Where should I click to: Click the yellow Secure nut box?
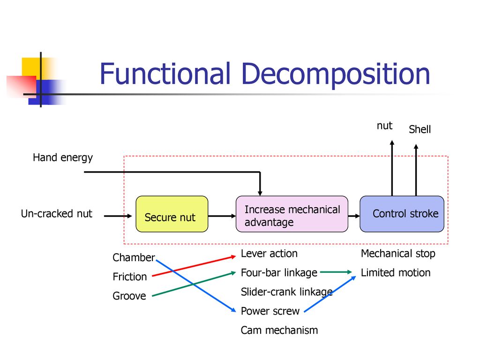[x=172, y=214]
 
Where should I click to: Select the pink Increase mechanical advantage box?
[x=292, y=214]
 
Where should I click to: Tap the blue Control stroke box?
[x=402, y=214]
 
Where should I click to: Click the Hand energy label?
[x=63, y=157]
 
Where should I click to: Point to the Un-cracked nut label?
[x=57, y=213]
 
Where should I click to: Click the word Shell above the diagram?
[x=420, y=129]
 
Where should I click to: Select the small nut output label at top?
[x=384, y=126]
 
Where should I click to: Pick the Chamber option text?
[x=134, y=257]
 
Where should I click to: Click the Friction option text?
[x=130, y=277]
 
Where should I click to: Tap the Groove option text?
[x=129, y=296]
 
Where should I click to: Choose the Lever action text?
[x=269, y=254]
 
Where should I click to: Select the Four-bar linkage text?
[x=279, y=273]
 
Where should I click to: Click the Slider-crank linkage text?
[x=286, y=292]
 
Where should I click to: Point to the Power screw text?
[x=270, y=311]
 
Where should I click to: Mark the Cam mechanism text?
[x=279, y=330]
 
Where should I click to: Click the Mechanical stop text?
[x=398, y=254]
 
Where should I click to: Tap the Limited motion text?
[x=396, y=273]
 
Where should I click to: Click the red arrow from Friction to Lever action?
[x=194, y=266]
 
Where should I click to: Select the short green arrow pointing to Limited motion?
[x=336, y=272]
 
